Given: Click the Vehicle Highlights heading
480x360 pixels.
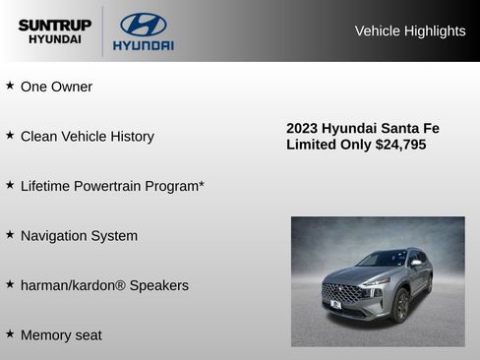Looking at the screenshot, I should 409,30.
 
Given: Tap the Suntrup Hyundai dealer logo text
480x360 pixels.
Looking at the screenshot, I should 54,31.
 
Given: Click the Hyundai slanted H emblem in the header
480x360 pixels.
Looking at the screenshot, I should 143,25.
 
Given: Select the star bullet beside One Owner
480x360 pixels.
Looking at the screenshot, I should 10,86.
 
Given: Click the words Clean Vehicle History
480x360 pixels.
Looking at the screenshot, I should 88,137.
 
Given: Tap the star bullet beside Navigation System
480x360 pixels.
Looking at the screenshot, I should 10,235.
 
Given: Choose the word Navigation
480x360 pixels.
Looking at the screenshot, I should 54,236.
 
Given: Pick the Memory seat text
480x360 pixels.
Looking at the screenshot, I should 61,335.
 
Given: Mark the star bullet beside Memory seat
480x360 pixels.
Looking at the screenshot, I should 10,334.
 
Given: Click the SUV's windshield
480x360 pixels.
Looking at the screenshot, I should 384,259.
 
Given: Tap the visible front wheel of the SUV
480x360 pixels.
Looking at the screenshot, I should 401,306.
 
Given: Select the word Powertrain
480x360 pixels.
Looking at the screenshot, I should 117,186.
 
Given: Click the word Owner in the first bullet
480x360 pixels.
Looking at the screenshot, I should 72,87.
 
